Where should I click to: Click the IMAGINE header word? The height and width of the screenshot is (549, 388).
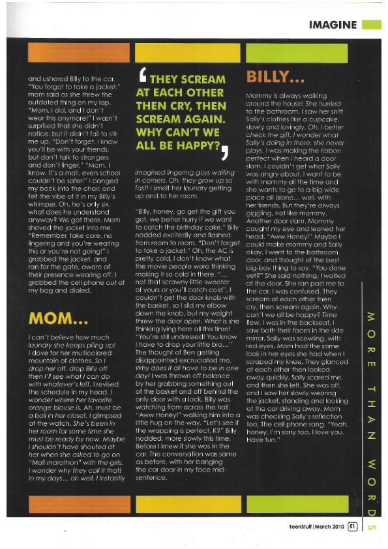click(x=333, y=25)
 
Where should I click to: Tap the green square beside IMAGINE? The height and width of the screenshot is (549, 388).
click(x=370, y=25)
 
